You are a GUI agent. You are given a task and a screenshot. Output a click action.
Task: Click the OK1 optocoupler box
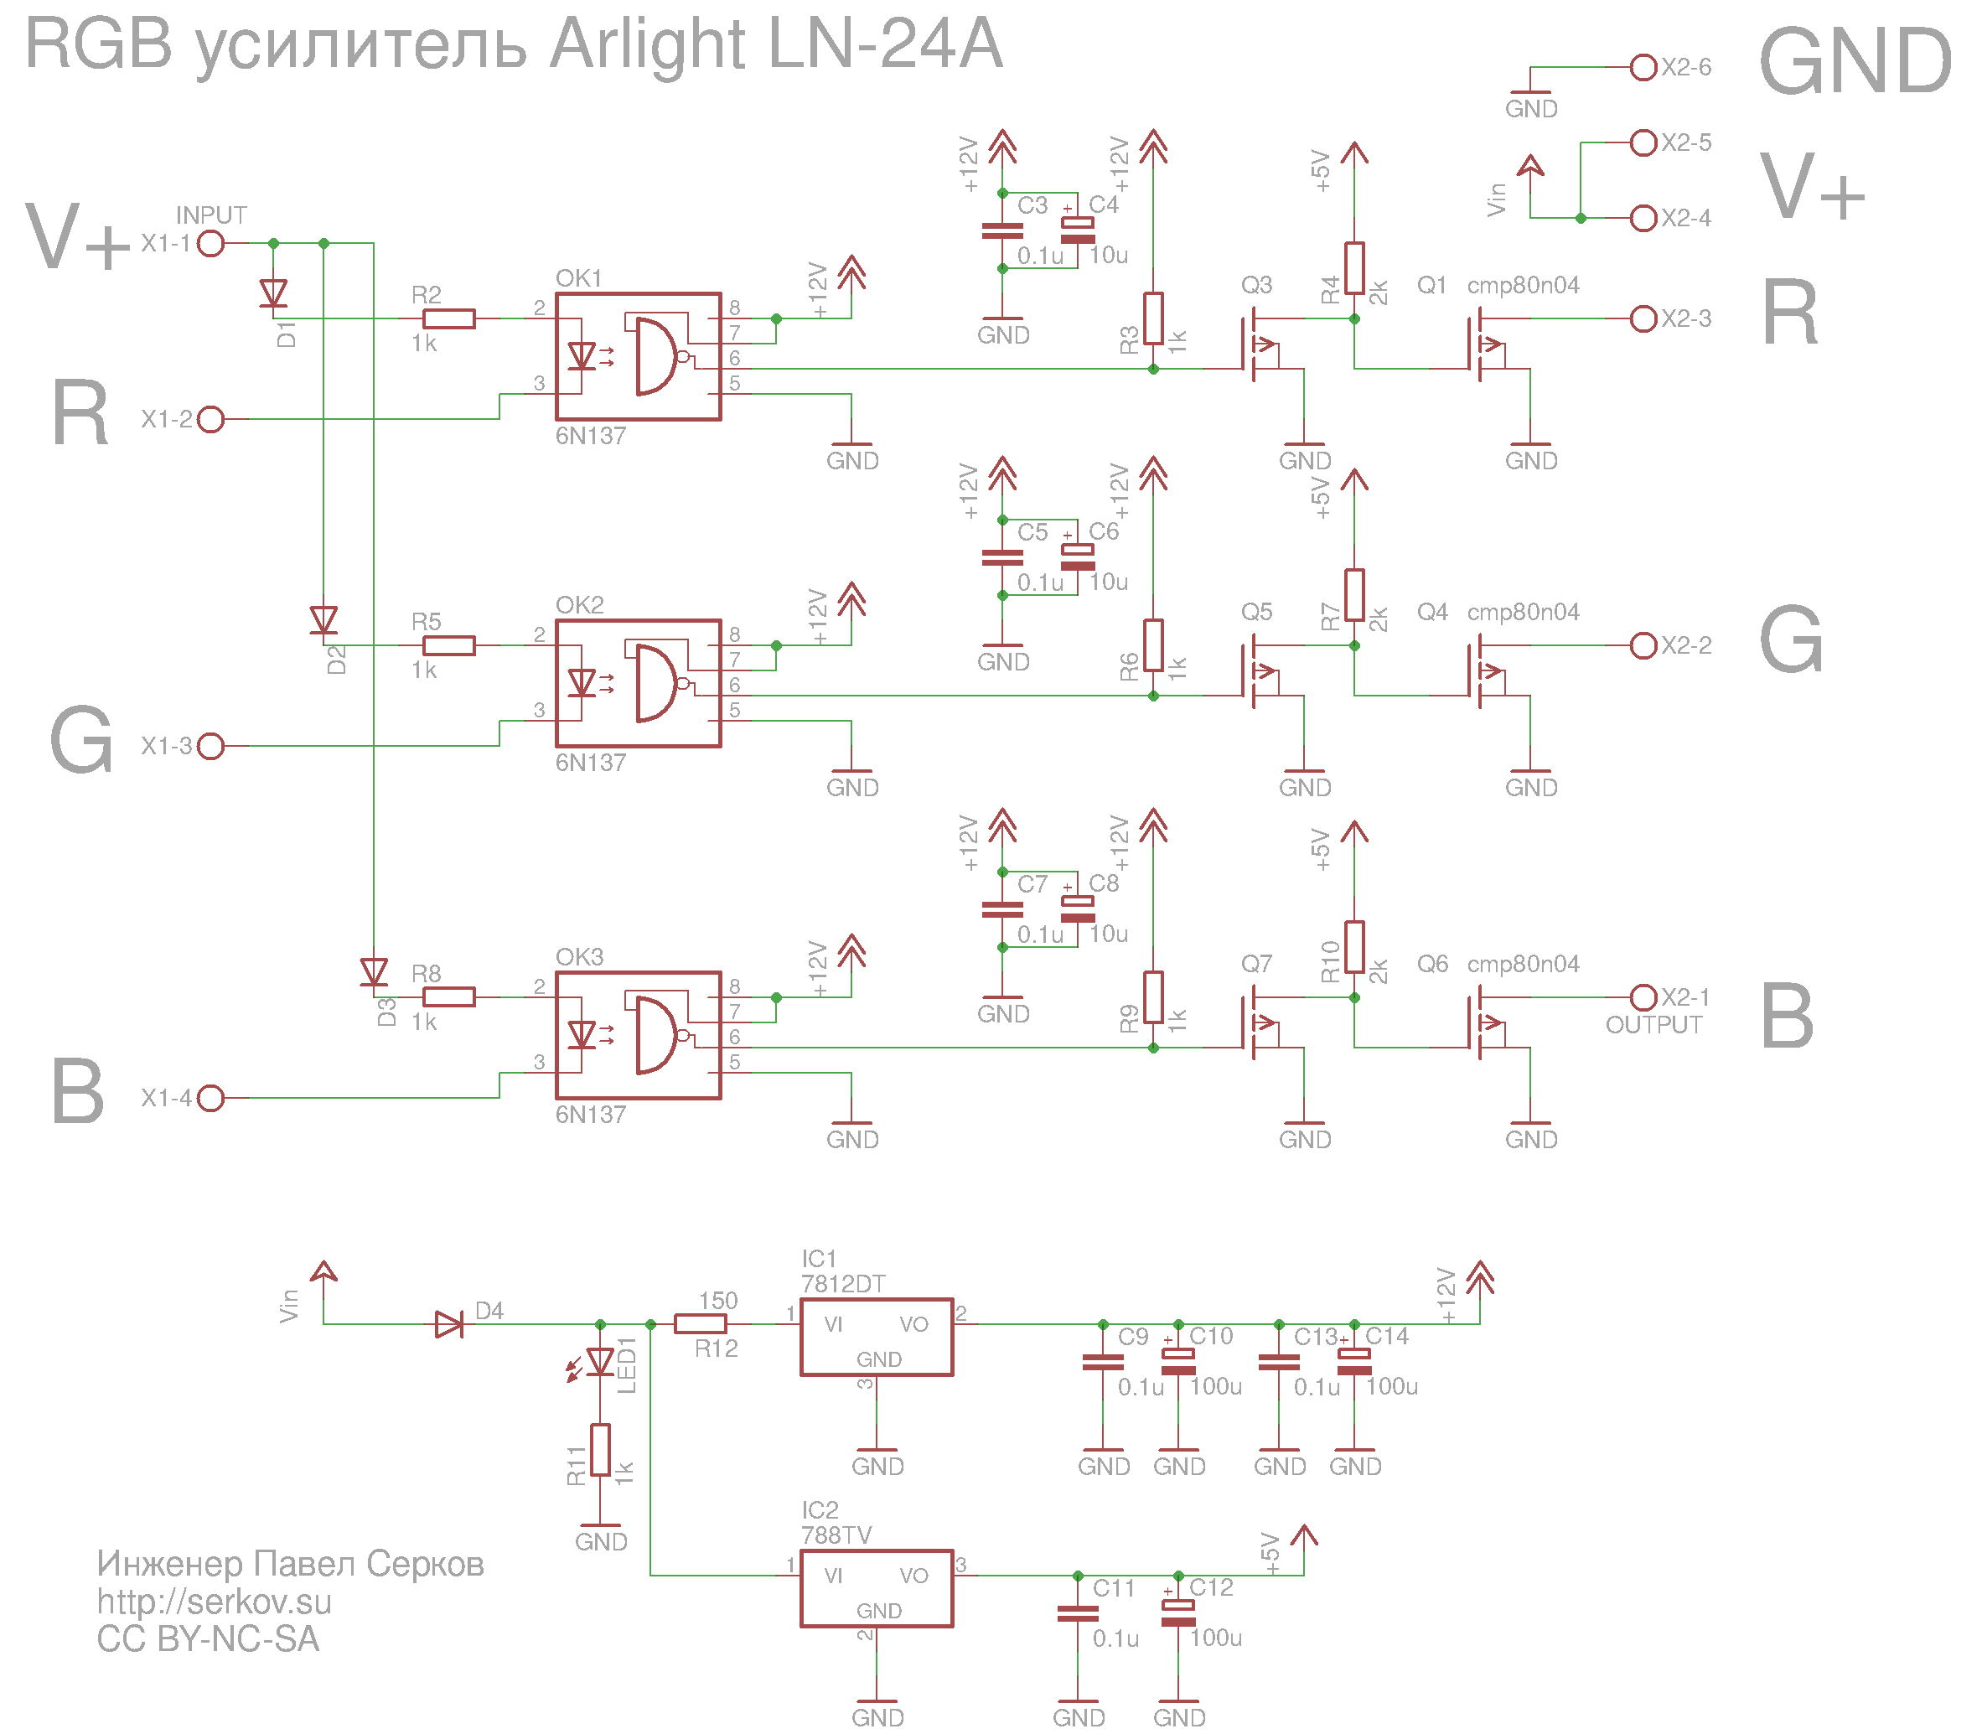click(x=638, y=356)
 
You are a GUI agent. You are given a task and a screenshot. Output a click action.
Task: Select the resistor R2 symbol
click(x=449, y=318)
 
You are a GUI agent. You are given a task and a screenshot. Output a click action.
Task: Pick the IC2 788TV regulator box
click(x=876, y=1588)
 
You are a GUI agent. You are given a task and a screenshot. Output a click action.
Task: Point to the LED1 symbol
click(x=600, y=1363)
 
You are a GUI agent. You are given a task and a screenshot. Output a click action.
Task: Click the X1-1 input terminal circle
click(x=211, y=243)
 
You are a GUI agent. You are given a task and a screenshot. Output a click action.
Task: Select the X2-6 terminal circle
click(x=1643, y=67)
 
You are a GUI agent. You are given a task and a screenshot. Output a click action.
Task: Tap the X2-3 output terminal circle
click(x=1643, y=318)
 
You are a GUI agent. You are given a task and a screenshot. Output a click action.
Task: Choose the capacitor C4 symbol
click(x=1077, y=230)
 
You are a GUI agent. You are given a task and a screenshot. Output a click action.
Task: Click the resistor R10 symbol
click(x=1354, y=946)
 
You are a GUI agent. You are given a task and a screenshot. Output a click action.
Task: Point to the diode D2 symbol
click(x=323, y=619)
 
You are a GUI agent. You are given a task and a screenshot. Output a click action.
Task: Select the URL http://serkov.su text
click(x=214, y=1602)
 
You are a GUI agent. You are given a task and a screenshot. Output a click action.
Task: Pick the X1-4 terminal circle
click(x=211, y=1098)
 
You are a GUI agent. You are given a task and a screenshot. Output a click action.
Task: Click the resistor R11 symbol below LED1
click(x=600, y=1450)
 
